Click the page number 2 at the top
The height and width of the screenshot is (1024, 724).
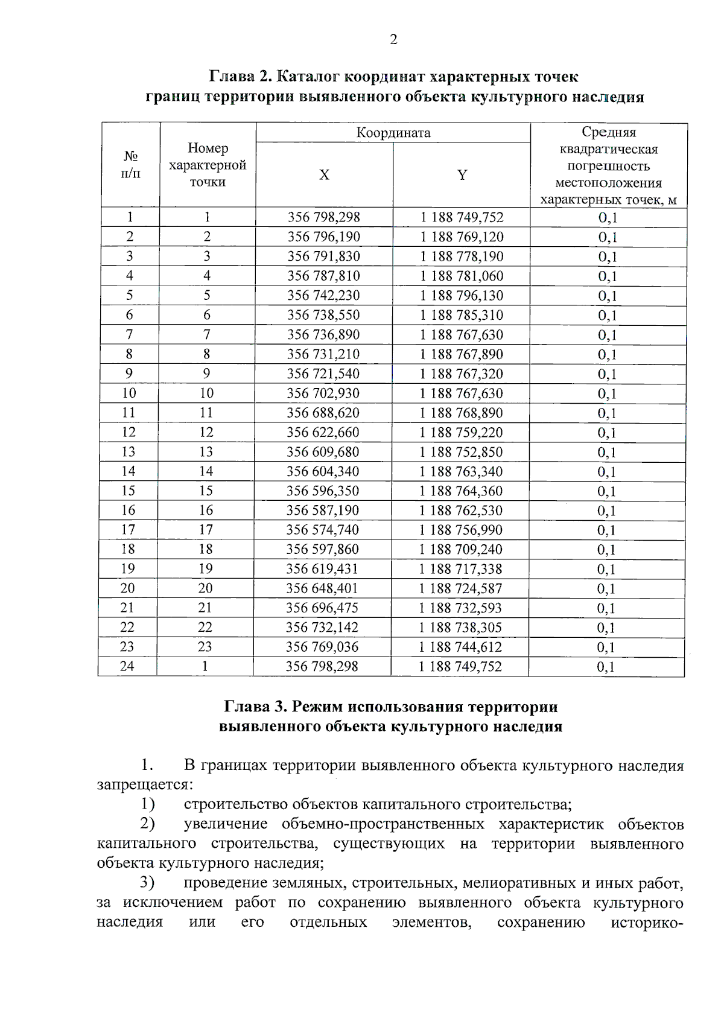393,40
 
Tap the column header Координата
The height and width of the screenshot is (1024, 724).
393,133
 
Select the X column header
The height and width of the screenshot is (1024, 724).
324,175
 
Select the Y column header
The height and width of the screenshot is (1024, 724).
462,175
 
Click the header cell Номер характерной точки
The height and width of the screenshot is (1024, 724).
208,165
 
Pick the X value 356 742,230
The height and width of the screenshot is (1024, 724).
323,296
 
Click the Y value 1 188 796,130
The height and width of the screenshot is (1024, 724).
462,296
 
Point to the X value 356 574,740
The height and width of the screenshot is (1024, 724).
323,530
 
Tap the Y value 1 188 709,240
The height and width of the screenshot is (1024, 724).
461,549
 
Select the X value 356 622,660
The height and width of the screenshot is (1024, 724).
323,432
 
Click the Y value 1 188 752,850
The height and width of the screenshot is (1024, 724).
461,452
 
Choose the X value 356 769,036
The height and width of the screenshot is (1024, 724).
322,647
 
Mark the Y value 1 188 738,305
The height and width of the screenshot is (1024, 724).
460,628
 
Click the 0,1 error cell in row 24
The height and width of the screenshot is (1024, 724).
606,667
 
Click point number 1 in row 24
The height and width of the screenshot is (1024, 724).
205,666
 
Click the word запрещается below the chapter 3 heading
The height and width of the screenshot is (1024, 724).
144,785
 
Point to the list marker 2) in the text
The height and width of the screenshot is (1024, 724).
147,824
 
